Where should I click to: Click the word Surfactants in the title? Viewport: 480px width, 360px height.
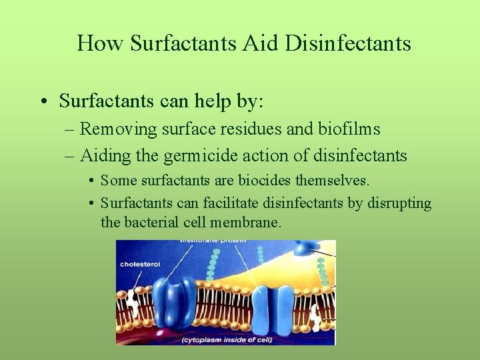(x=183, y=43)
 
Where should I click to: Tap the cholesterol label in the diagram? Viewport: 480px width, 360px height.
(x=140, y=264)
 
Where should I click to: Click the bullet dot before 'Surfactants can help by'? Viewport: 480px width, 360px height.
(x=42, y=102)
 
